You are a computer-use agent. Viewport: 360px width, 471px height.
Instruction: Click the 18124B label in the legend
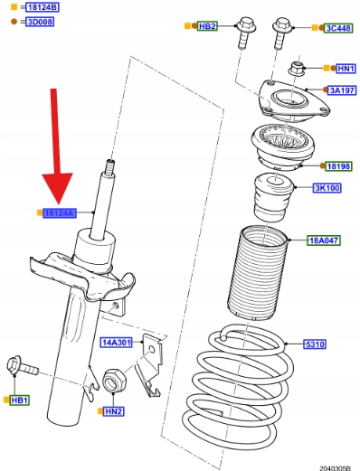pyautogui.click(x=43, y=7)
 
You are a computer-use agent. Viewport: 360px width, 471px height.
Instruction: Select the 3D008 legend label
pyautogui.click(x=40, y=22)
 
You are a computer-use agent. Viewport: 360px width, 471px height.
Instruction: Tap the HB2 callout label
pyautogui.click(x=207, y=26)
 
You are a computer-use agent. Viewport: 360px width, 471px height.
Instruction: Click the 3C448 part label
pyautogui.click(x=338, y=28)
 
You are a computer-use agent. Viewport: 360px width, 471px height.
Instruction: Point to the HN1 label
pyautogui.click(x=346, y=69)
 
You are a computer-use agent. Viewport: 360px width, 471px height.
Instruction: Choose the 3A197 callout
pyautogui.click(x=342, y=89)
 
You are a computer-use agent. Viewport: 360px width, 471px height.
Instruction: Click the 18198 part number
pyautogui.click(x=338, y=166)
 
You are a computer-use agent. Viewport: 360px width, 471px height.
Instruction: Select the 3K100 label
pyautogui.click(x=327, y=188)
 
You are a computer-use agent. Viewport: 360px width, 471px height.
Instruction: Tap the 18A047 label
pyautogui.click(x=324, y=240)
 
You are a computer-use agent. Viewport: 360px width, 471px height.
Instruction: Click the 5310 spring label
pyautogui.click(x=315, y=344)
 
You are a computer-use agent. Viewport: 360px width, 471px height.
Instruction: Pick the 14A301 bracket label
pyautogui.click(x=117, y=343)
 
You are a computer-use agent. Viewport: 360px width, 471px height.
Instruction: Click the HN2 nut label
pyautogui.click(x=114, y=411)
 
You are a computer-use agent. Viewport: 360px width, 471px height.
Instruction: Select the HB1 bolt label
pyautogui.click(x=20, y=400)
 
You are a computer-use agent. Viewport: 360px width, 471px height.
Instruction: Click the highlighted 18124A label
pyautogui.click(x=60, y=213)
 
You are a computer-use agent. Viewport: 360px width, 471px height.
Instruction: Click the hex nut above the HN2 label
pyautogui.click(x=115, y=382)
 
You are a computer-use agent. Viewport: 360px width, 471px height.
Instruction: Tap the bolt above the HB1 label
pyautogui.click(x=23, y=366)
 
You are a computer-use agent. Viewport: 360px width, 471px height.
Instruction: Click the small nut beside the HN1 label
pyautogui.click(x=297, y=69)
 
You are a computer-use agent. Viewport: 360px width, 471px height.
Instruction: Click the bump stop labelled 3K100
pyautogui.click(x=273, y=198)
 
